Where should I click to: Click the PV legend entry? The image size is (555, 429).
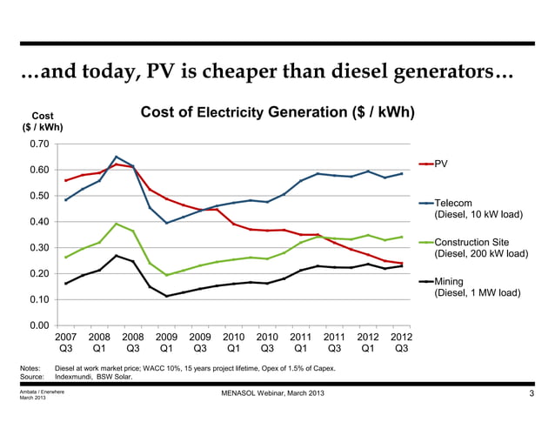click(441, 164)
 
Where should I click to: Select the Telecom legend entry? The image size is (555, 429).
click(454, 203)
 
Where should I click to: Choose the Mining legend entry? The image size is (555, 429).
click(449, 282)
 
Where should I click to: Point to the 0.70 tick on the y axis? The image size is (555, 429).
click(38, 144)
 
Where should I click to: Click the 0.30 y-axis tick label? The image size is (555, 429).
click(38, 248)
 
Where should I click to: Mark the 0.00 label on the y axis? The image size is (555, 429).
click(38, 326)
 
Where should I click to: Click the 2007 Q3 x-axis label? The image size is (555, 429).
click(66, 342)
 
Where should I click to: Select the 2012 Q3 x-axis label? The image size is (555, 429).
click(401, 342)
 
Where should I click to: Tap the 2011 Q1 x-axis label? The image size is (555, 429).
click(301, 342)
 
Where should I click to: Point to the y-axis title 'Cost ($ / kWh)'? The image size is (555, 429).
click(42, 121)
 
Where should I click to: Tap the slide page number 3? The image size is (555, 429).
click(531, 398)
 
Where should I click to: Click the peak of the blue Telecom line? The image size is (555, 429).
click(117, 157)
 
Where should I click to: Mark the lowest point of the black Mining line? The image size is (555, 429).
click(167, 296)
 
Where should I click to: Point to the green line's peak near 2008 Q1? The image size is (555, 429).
click(117, 224)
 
